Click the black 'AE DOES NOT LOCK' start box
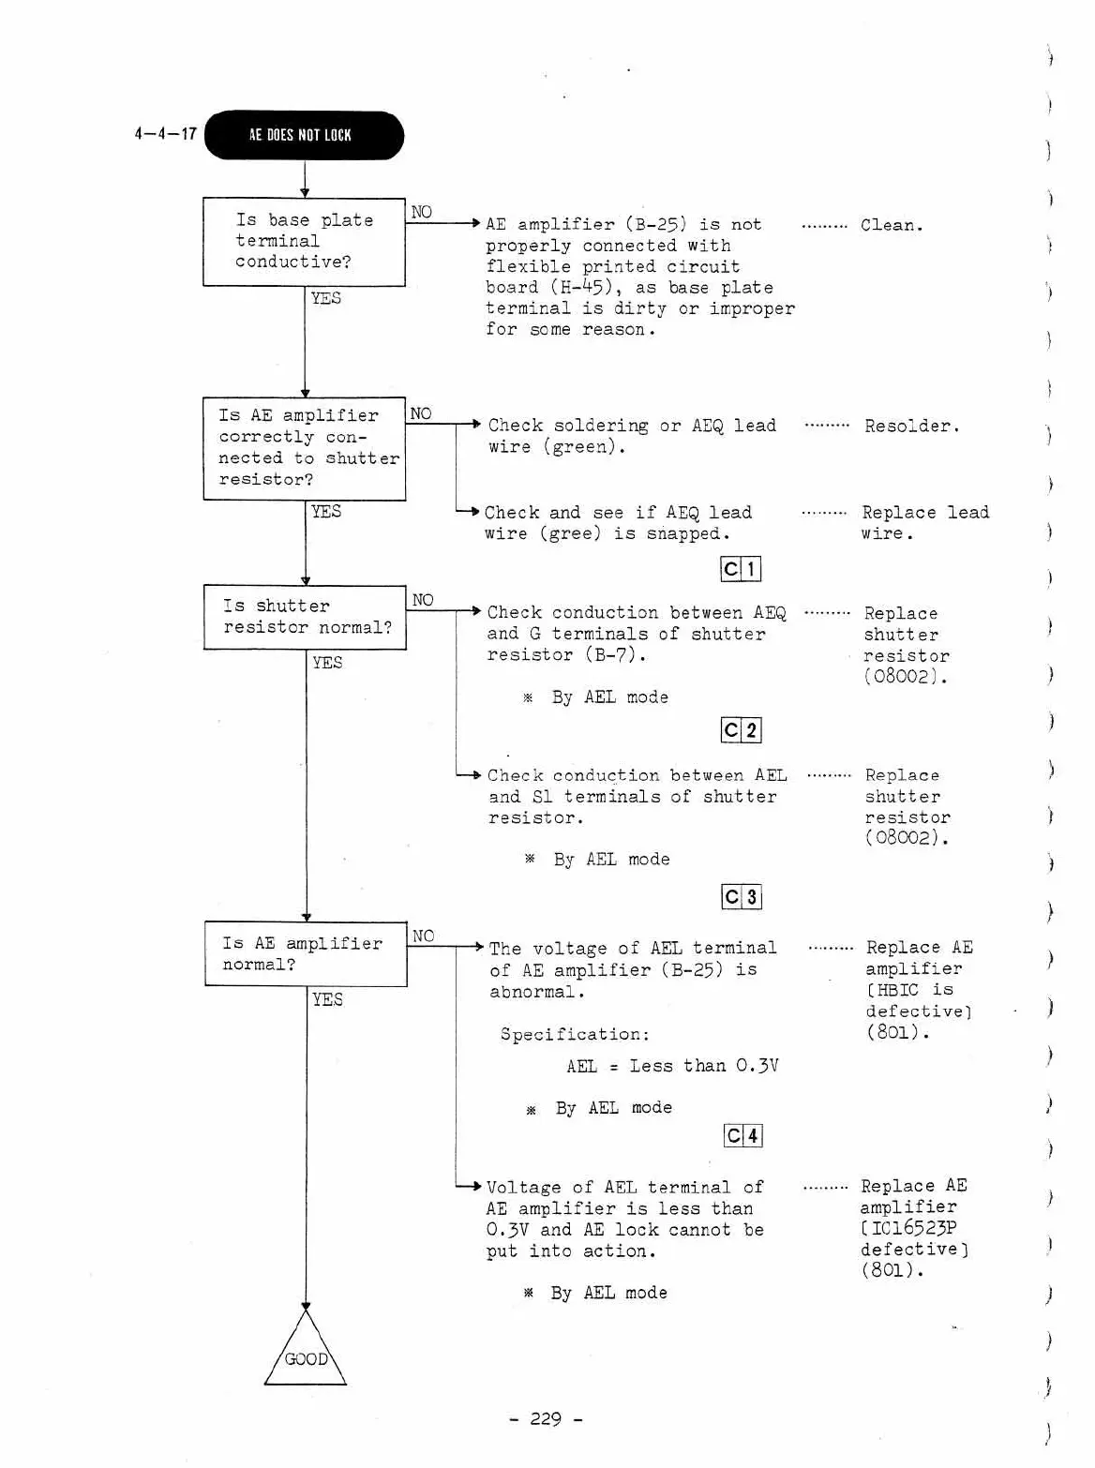[304, 135]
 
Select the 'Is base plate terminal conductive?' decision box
[304, 242]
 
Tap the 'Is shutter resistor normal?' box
[305, 617]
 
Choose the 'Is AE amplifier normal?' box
[306, 954]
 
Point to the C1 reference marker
[741, 569]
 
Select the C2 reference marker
[741, 730]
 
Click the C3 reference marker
[742, 897]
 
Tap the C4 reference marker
[743, 1136]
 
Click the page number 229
[546, 1418]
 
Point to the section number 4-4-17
[165, 134]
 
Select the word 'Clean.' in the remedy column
[892, 225]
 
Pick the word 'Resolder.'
[911, 427]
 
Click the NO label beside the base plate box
[422, 212]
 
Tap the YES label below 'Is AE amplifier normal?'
[327, 999]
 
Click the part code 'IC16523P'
[913, 1228]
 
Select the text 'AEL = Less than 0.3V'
[672, 1066]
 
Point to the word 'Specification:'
[575, 1034]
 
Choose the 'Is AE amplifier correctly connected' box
[305, 448]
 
